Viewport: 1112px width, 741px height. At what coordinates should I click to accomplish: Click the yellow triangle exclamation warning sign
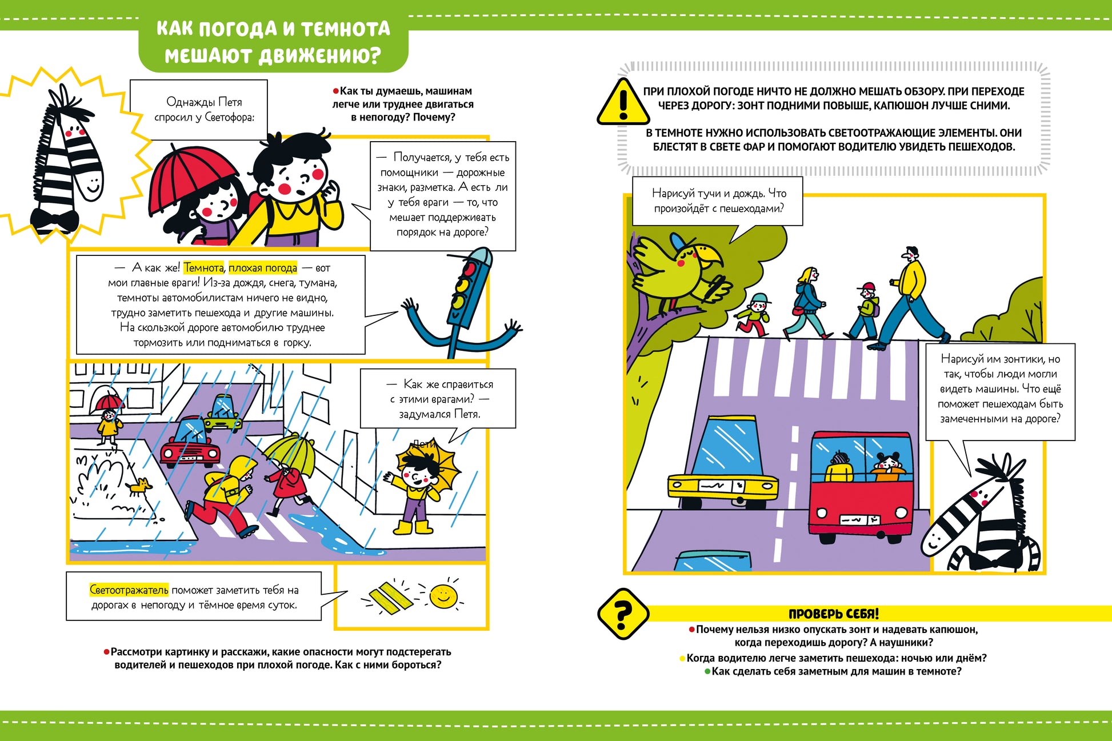pos(623,103)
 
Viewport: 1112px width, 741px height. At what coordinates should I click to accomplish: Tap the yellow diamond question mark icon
pos(623,614)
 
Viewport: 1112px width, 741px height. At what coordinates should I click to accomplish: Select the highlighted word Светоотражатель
pos(129,590)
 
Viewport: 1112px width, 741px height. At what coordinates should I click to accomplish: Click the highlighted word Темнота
pos(204,267)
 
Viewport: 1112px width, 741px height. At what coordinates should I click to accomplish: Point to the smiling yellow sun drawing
pos(443,596)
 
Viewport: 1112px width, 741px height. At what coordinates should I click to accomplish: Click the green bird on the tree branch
pos(680,271)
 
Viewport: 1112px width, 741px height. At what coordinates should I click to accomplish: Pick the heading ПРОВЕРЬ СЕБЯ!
pos(834,614)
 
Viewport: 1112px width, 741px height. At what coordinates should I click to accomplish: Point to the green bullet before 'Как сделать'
pos(707,672)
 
